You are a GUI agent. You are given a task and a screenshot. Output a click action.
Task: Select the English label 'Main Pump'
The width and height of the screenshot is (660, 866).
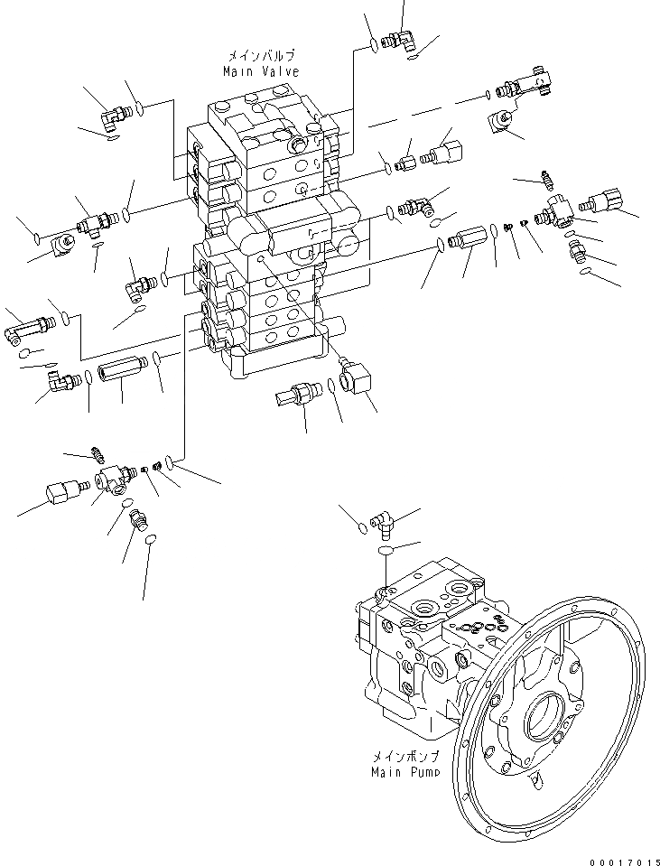point(405,772)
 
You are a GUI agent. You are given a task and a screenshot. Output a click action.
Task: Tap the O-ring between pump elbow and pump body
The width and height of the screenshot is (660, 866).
point(386,548)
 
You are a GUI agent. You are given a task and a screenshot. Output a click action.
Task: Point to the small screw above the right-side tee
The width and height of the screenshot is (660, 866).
point(545,180)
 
